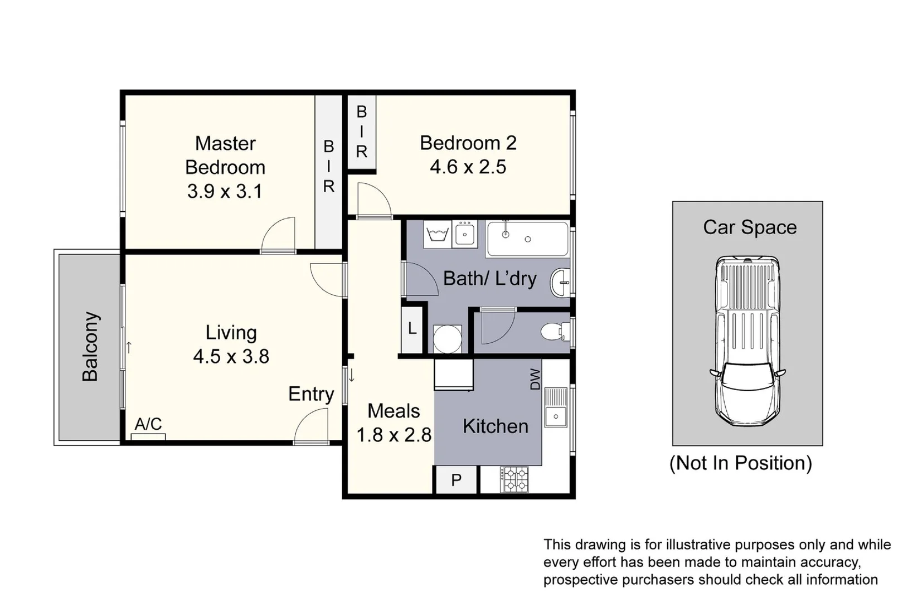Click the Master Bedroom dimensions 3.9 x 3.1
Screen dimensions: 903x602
pos(225,191)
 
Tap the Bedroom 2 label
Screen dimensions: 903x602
pos(468,143)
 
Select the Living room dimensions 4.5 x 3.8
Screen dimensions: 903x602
pos(231,356)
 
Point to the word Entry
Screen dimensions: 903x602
pos(311,394)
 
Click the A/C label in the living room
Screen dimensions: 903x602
pos(148,424)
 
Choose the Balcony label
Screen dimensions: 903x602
pos(90,347)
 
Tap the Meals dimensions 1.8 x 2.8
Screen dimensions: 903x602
pos(394,435)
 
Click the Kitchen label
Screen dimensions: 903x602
pos(495,426)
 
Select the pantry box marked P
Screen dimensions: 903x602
pos(456,480)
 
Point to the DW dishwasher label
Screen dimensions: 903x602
pos(535,379)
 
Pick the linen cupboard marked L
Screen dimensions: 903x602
pos(412,329)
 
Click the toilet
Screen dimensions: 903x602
pos(555,332)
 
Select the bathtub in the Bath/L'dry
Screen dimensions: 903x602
pos(527,239)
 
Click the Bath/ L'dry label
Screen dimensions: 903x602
pos(489,278)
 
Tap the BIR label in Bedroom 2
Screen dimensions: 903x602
pos(362,132)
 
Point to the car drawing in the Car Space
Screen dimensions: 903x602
pos(747,340)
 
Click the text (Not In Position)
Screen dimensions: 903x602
pos(740,463)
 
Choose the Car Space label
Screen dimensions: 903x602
pos(749,227)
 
